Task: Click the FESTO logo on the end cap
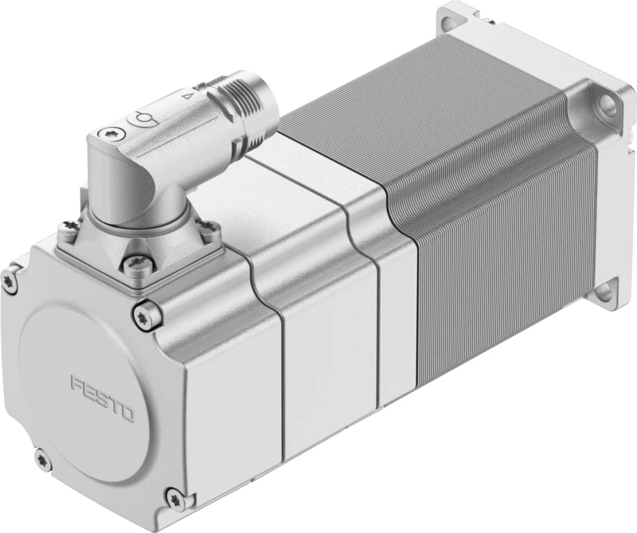[x=103, y=399]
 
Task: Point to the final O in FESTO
[x=127, y=413]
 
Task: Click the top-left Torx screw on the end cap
[x=9, y=280]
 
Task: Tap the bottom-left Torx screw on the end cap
[x=42, y=460]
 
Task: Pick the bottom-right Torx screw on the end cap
[x=175, y=499]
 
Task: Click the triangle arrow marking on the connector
[x=187, y=96]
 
